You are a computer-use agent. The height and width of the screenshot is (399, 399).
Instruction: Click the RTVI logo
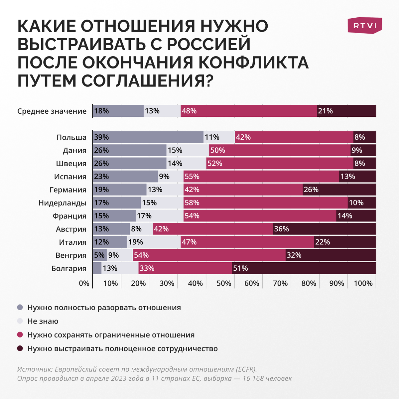pyautogui.click(x=365, y=25)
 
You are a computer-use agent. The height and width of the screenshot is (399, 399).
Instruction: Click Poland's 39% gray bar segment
pyautogui.click(x=148, y=137)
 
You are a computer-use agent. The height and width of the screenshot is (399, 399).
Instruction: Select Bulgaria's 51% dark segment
pyautogui.click(x=304, y=268)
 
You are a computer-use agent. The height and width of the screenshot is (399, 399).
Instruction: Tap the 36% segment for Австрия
pyautogui.click(x=324, y=229)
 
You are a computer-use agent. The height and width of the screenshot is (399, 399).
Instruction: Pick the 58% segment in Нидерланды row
pyautogui.click(x=265, y=202)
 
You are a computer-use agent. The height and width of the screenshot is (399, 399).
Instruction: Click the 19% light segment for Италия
pyautogui.click(x=154, y=242)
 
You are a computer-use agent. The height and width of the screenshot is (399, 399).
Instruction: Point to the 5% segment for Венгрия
pyautogui.click(x=100, y=255)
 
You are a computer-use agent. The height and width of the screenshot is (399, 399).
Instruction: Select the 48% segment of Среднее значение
pyautogui.click(x=249, y=111)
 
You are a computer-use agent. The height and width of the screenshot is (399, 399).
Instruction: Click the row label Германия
pyautogui.click(x=68, y=190)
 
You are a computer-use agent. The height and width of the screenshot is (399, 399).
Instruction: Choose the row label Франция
pyautogui.click(x=69, y=216)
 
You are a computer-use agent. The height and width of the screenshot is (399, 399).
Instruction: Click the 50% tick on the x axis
pyautogui.click(x=224, y=283)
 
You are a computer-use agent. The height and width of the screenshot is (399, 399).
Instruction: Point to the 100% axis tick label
pyautogui.click(x=363, y=283)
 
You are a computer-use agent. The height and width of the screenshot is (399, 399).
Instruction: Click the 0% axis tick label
pyautogui.click(x=84, y=283)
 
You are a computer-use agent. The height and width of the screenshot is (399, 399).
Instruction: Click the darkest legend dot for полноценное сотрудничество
pyautogui.click(x=20, y=348)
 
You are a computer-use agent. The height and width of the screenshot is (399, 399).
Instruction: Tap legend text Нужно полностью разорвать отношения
pyautogui.click(x=104, y=308)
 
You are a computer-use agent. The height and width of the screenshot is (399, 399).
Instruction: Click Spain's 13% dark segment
pyautogui.click(x=357, y=176)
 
